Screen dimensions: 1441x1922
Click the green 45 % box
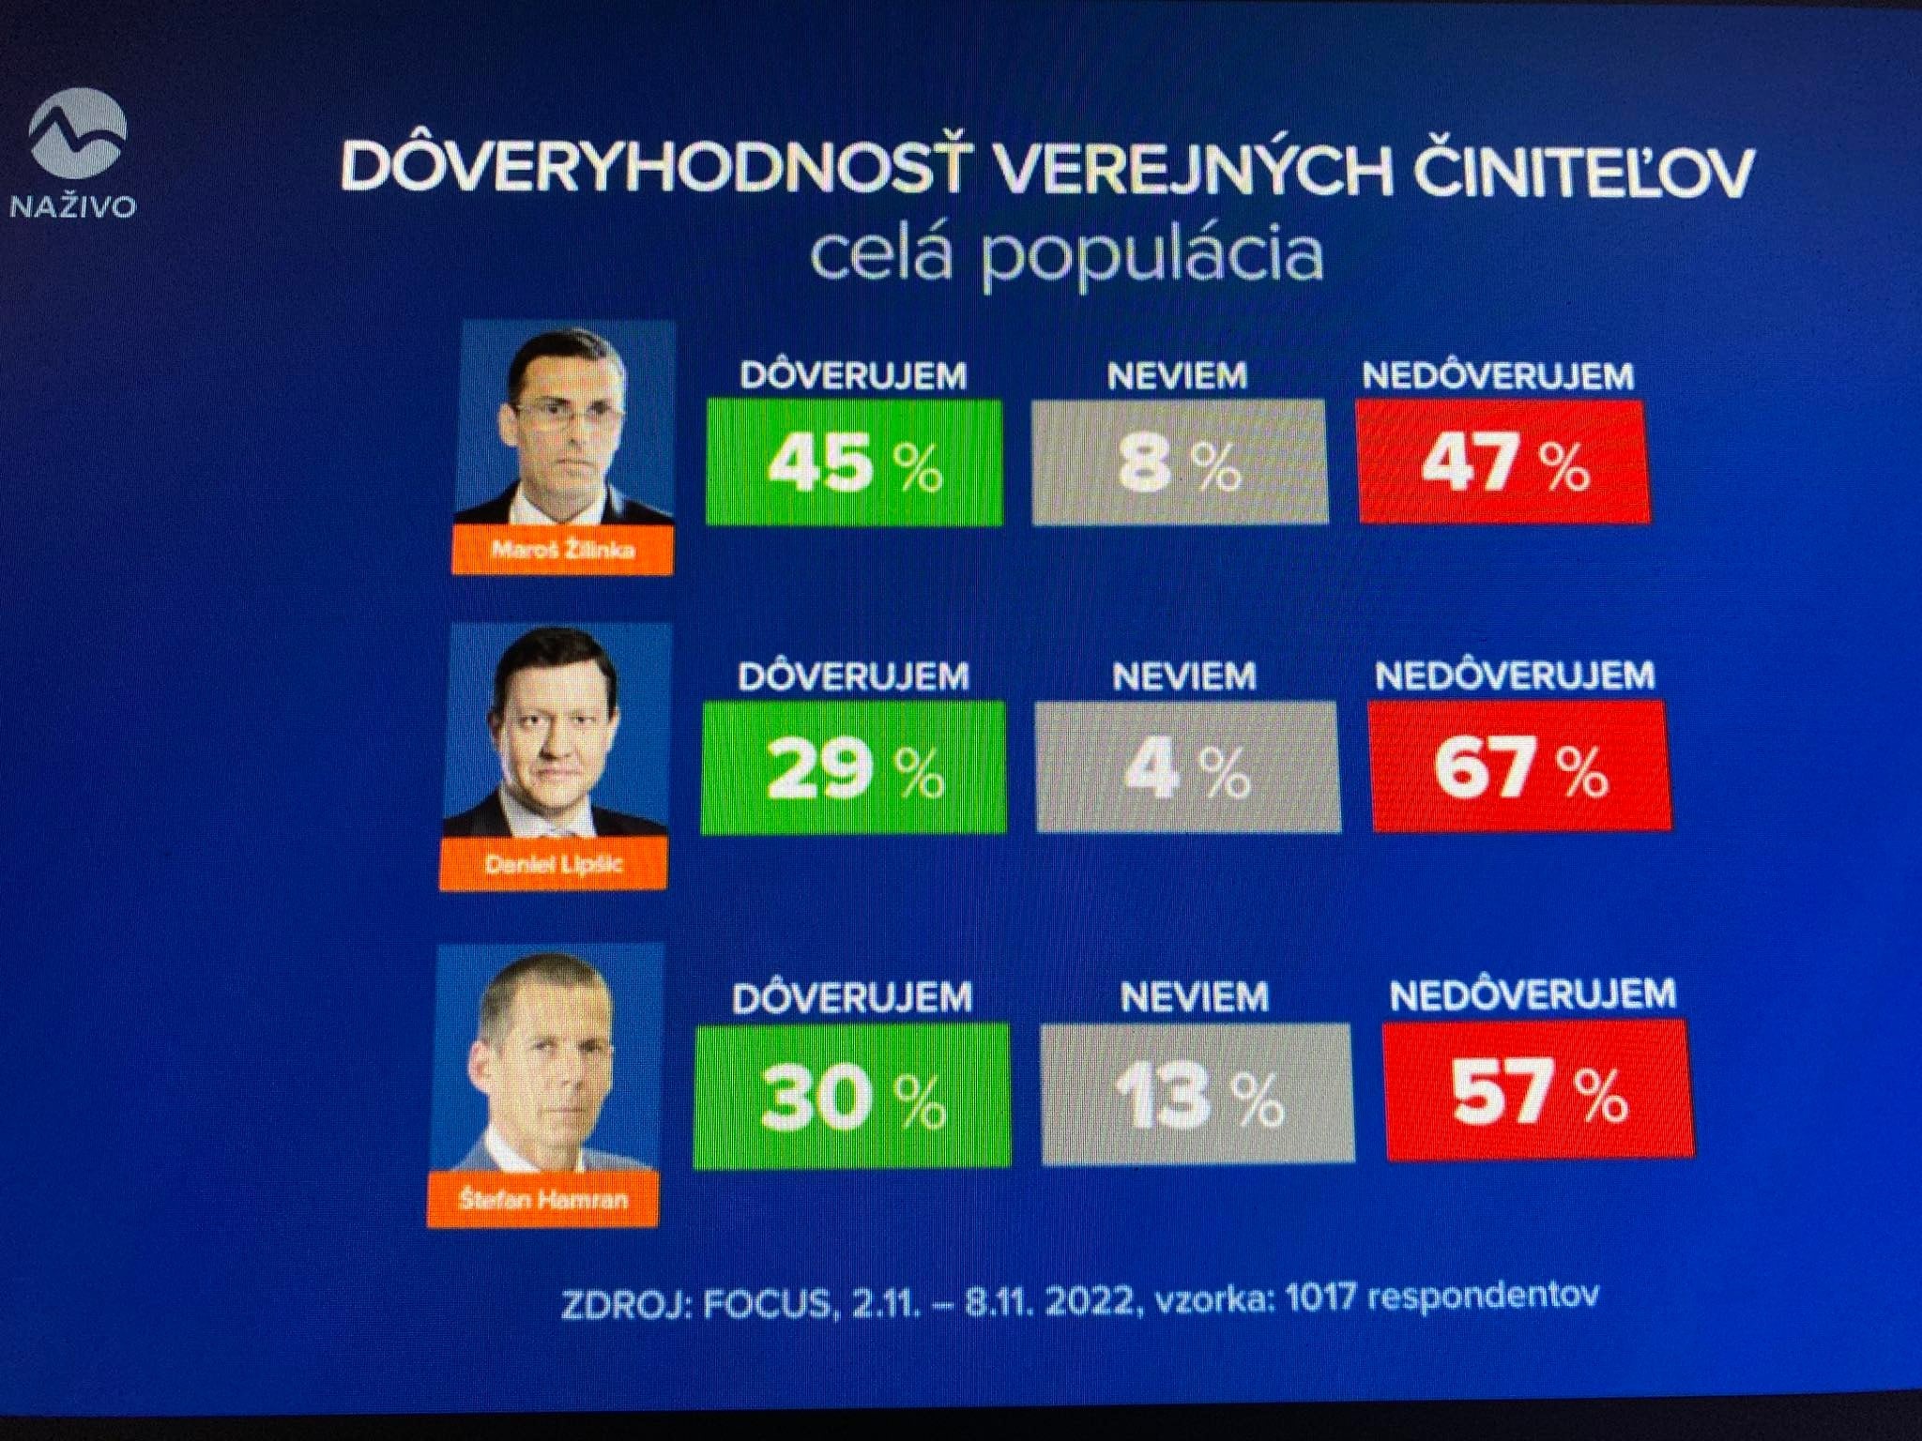click(854, 463)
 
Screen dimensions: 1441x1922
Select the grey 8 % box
click(1180, 463)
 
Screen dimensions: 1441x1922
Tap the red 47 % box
click(1503, 463)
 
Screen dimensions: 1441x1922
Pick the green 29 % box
click(853, 767)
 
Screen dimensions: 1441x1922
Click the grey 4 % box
click(1187, 767)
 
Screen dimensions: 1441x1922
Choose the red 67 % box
click(1521, 767)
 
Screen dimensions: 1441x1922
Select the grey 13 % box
click(1197, 1095)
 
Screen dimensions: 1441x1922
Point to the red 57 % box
click(1539, 1091)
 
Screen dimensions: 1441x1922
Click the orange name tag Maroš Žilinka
click(562, 550)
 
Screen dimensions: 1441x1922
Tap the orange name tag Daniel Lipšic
click(553, 864)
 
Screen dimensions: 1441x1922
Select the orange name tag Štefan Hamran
click(542, 1200)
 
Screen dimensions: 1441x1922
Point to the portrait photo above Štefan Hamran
click(547, 1058)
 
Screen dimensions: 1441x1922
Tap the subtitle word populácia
click(1152, 254)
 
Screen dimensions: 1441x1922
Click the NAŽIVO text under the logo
click(73, 206)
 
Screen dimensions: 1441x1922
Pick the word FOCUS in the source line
click(766, 1305)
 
